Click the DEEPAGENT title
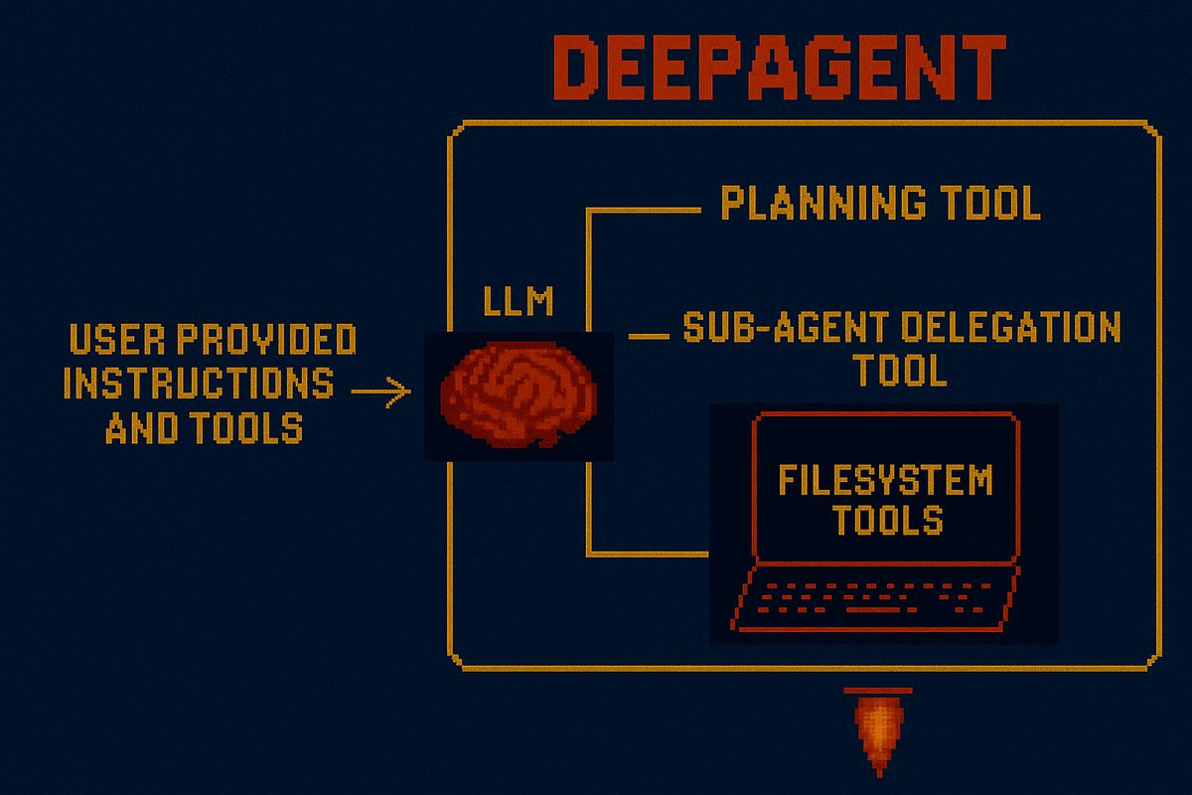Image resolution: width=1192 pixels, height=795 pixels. (778, 70)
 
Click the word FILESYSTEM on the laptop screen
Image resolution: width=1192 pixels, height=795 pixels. (885, 481)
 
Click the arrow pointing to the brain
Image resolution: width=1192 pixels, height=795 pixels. (381, 392)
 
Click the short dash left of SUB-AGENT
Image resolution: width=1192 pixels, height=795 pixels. (650, 336)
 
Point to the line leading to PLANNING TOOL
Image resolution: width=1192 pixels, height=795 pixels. (646, 211)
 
